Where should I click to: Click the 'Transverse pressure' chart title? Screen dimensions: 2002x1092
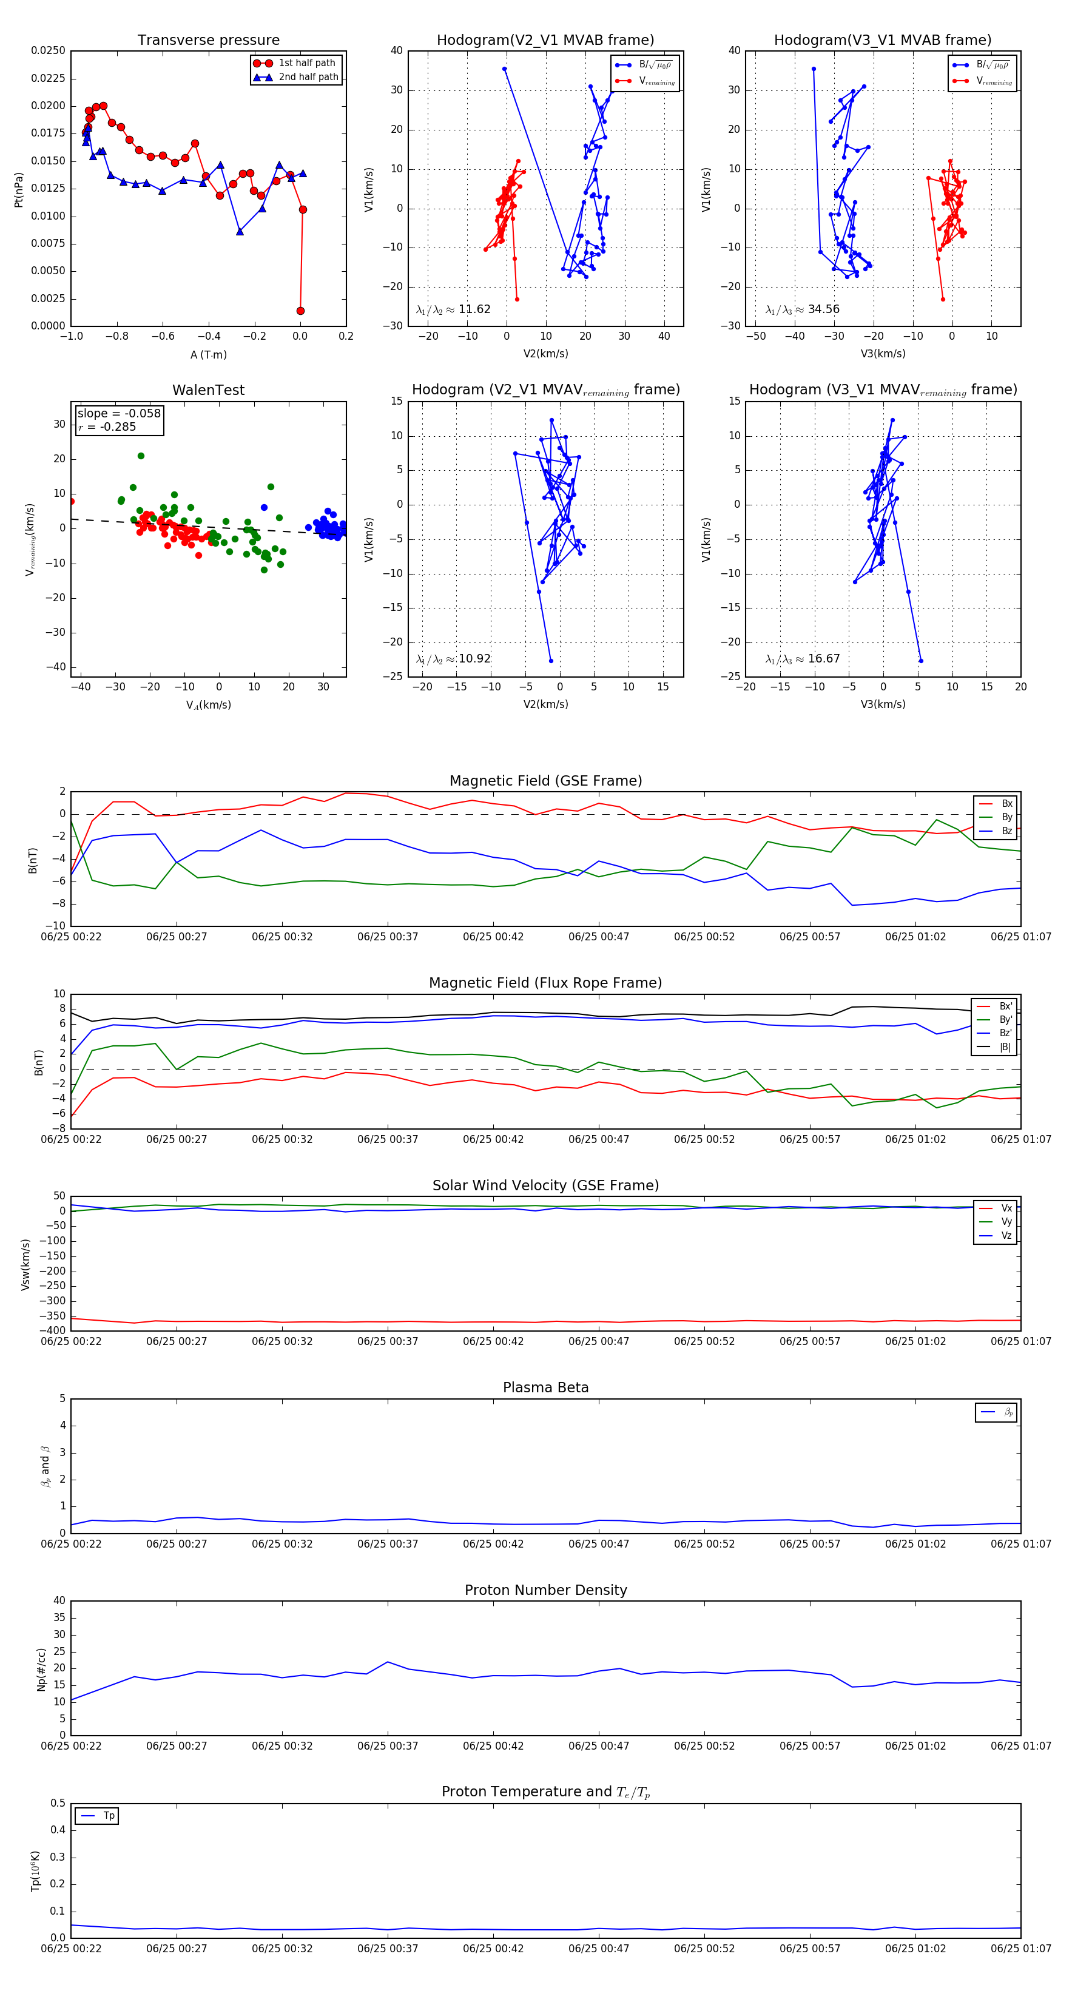[x=208, y=41]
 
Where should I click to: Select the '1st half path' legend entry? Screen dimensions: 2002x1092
[x=307, y=63]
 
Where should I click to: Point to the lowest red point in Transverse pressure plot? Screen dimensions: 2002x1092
[x=301, y=311]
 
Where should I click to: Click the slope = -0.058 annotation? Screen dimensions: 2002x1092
[x=119, y=414]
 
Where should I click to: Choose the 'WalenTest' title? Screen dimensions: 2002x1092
[x=208, y=390]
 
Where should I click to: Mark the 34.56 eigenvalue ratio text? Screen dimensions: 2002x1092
[x=823, y=309]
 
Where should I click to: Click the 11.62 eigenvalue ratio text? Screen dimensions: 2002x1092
[x=474, y=309]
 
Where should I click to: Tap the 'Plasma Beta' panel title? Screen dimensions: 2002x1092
[x=545, y=1387]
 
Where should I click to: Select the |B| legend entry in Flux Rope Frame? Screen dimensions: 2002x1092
[x=1005, y=1047]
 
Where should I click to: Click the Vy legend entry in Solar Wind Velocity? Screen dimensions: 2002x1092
[x=1006, y=1222]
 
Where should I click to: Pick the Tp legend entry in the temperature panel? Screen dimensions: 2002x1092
[x=109, y=1816]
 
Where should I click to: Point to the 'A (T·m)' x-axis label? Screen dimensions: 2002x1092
[x=208, y=354]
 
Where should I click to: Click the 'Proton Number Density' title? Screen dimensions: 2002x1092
[x=545, y=1590]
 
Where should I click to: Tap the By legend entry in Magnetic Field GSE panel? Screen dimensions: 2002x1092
[x=1006, y=817]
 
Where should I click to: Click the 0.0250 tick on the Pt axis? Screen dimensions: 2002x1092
[x=48, y=50]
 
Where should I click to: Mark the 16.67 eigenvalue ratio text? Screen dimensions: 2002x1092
[x=823, y=659]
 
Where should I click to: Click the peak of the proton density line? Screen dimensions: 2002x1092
[x=388, y=1662]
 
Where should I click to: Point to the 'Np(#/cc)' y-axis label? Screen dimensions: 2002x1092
[x=41, y=1670]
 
